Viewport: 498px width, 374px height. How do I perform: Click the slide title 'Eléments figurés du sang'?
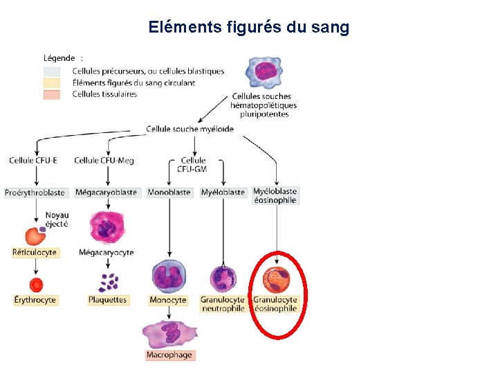click(248, 28)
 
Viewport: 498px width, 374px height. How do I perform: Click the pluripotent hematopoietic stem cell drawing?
click(266, 72)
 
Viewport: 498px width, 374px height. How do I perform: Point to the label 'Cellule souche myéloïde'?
click(190, 129)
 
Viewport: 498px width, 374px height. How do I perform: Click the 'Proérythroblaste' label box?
click(35, 193)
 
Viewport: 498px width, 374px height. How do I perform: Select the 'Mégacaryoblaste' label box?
click(106, 193)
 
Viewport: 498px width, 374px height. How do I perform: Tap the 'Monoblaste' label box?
click(169, 193)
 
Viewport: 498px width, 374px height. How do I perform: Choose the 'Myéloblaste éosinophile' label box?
click(275, 196)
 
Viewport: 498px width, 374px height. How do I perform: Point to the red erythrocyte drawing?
click(36, 284)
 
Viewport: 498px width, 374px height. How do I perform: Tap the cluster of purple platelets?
click(107, 282)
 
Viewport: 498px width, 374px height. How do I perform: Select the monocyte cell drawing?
click(169, 277)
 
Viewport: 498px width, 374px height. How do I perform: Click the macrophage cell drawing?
click(170, 334)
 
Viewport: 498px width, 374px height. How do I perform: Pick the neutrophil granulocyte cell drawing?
click(223, 278)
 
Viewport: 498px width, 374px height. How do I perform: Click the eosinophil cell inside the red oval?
click(275, 280)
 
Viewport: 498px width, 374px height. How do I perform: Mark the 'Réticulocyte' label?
click(35, 253)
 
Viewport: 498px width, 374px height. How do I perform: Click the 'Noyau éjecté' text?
click(57, 220)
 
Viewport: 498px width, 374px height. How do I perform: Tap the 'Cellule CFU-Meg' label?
click(104, 161)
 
